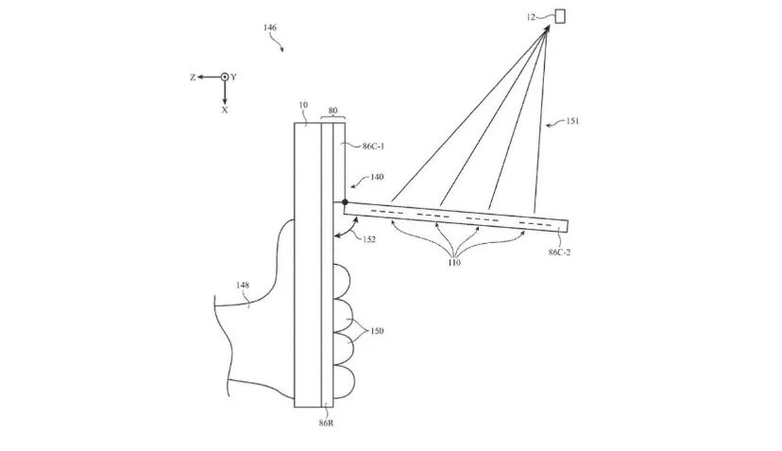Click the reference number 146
tap(270, 29)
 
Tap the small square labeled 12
tap(559, 15)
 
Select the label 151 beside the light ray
tap(572, 121)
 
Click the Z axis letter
tap(192, 77)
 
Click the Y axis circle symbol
tap(225, 77)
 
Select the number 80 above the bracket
tap(332, 109)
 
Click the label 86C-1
tap(376, 147)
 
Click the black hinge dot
tap(345, 201)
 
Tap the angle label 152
tap(368, 239)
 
